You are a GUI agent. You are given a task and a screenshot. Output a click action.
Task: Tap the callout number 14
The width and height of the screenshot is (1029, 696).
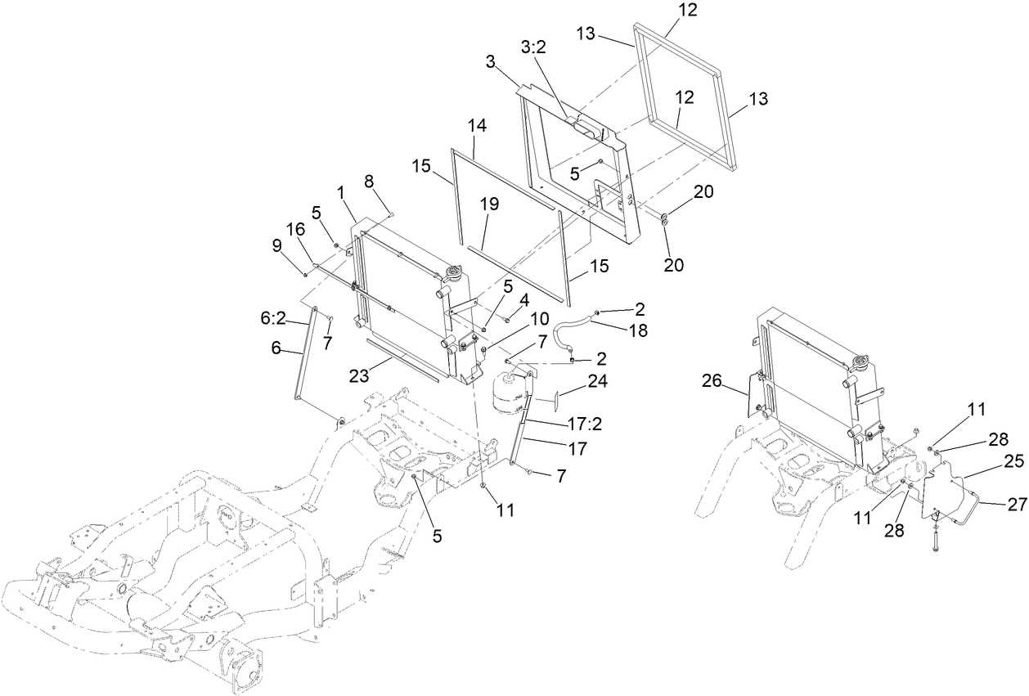(477, 126)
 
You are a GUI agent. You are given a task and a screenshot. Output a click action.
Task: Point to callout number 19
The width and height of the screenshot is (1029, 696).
(489, 205)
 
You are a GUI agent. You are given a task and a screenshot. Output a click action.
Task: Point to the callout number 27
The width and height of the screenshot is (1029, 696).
(1016, 505)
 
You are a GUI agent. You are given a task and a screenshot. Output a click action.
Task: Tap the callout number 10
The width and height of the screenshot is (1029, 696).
(540, 318)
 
